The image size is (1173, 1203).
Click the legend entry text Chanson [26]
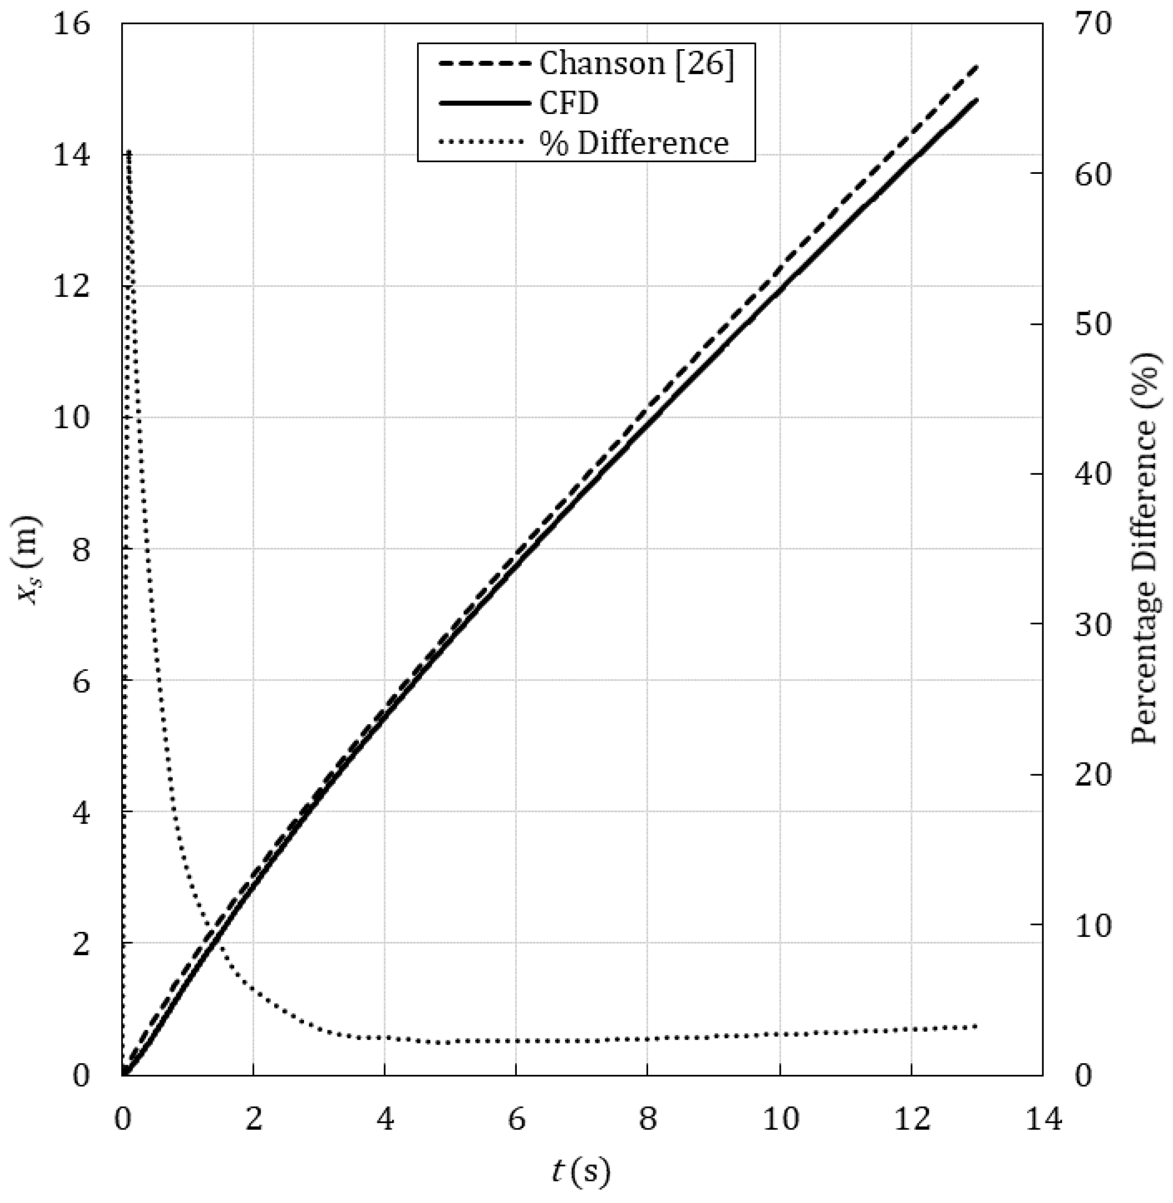tap(637, 64)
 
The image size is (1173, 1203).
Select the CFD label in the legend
tap(569, 103)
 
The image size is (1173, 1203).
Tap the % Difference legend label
tap(634, 143)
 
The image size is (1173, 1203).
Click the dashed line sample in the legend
tap(485, 64)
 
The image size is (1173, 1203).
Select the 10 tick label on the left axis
tap(72, 418)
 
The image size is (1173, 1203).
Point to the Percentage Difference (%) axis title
tap(1146, 548)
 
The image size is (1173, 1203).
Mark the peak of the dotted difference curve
tap(129, 151)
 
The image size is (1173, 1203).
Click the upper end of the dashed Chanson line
tap(977, 66)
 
